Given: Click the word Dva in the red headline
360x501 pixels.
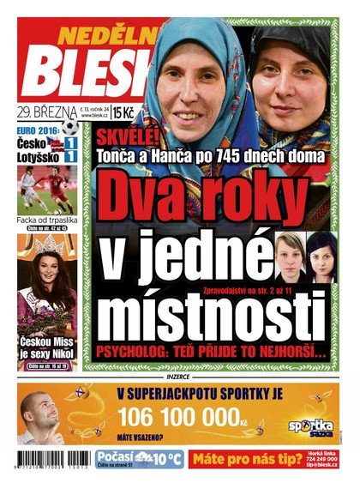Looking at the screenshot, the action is [x=139, y=197].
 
